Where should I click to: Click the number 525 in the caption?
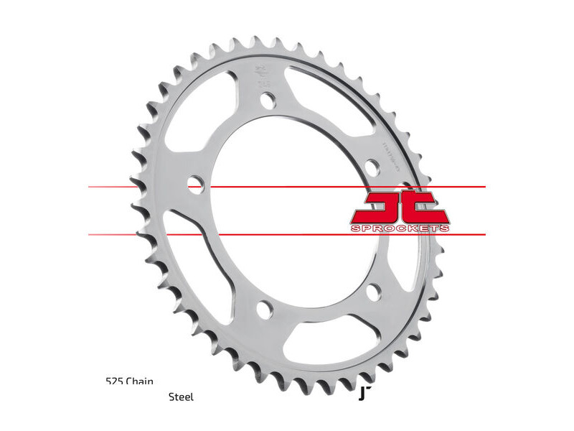coord(113,381)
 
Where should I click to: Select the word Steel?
coord(181,397)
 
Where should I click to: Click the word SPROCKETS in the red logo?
coord(400,228)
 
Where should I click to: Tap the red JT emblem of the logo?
coord(400,206)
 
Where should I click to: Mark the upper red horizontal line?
coord(287,187)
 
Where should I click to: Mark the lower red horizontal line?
coord(287,234)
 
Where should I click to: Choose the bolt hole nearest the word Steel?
coord(263,310)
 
